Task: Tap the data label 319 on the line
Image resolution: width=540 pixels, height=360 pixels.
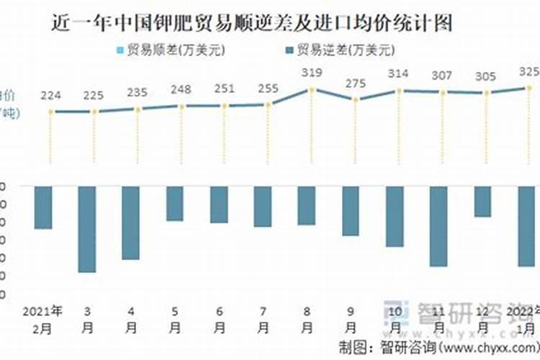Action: [312, 73]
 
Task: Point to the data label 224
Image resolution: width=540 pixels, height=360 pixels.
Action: [51, 96]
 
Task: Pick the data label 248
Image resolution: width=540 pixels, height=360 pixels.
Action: [181, 89]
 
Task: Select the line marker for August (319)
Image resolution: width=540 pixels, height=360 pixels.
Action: [312, 89]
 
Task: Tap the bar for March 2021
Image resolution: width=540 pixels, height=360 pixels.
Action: [87, 229]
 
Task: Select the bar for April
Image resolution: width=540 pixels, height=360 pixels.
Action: [131, 222]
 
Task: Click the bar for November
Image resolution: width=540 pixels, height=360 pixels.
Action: [438, 226]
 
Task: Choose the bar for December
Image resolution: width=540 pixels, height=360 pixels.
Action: [482, 202]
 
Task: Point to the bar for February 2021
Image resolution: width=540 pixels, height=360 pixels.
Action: [43, 207]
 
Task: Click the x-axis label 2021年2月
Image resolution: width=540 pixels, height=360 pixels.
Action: [43, 319]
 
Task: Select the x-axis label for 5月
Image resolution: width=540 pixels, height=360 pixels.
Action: [175, 319]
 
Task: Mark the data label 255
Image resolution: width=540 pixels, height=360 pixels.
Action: [269, 88]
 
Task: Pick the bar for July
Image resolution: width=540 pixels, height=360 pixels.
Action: [263, 207]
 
